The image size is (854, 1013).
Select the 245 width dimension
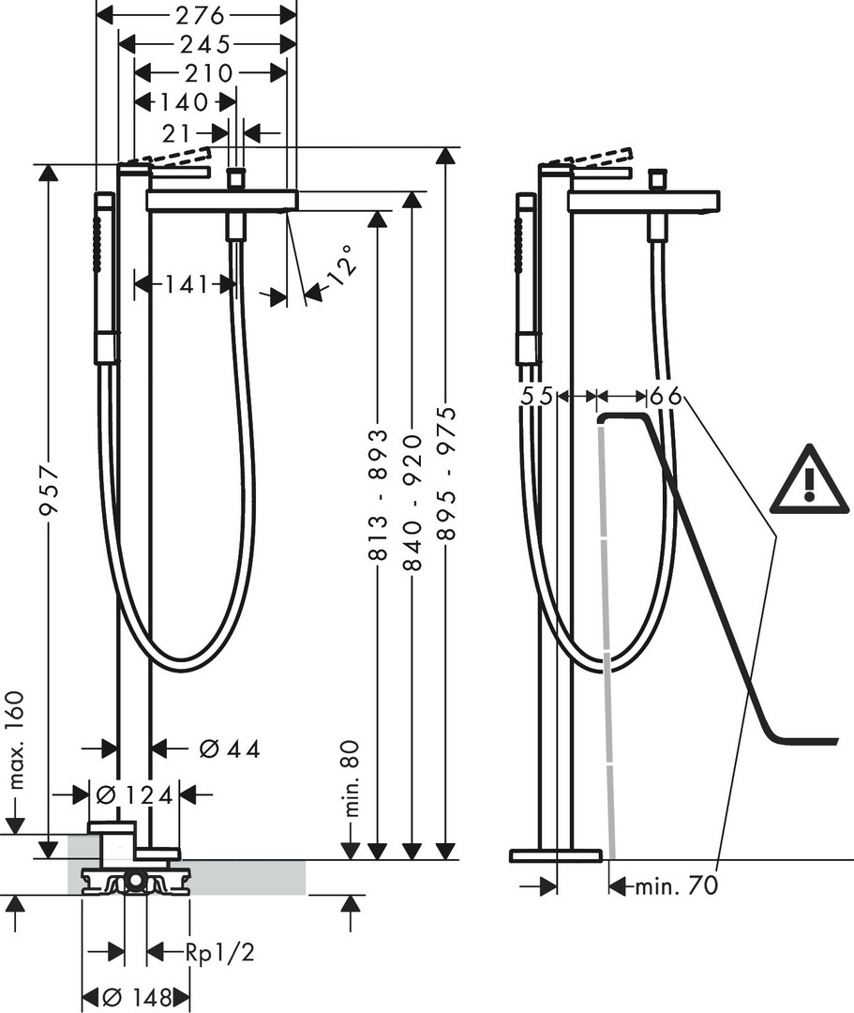pyautogui.click(x=204, y=44)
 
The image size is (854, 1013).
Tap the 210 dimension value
pyautogui.click(x=208, y=73)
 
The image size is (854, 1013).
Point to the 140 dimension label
pyautogui.click(x=184, y=102)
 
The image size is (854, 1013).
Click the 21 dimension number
pyautogui.click(x=177, y=134)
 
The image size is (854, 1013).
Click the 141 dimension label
pyautogui.click(x=186, y=283)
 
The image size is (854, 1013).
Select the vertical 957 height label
pyautogui.click(x=49, y=491)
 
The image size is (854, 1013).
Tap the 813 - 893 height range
pyautogui.click(x=380, y=493)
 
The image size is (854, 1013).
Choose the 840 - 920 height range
pyautogui.click(x=412, y=502)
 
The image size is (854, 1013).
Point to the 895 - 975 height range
pyautogui.click(x=446, y=472)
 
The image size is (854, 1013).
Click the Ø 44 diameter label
pyautogui.click(x=229, y=748)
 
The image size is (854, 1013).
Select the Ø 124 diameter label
pyautogui.click(x=134, y=794)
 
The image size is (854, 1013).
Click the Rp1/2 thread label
pyautogui.click(x=219, y=952)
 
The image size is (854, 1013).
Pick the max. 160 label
pyautogui.click(x=17, y=740)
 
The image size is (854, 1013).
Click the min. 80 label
pyautogui.click(x=352, y=779)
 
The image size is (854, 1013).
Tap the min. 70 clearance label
pyautogui.click(x=677, y=885)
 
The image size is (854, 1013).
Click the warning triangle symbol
pyautogui.click(x=808, y=478)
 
